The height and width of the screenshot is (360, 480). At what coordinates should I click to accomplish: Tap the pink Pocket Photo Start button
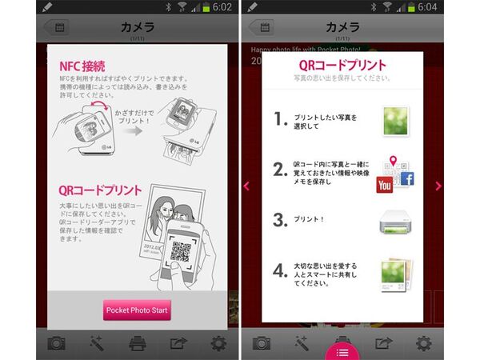point(138,310)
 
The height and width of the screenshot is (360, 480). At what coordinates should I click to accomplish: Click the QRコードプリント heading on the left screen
point(100,191)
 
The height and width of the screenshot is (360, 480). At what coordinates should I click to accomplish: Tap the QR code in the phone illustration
point(181,254)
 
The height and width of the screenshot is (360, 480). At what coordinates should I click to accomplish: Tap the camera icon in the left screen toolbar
point(56,343)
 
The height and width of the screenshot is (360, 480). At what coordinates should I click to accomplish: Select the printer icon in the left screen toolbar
point(138,343)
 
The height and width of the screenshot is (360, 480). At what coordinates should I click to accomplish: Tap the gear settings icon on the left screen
point(218,343)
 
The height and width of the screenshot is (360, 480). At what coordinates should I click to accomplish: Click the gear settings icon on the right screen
point(423,343)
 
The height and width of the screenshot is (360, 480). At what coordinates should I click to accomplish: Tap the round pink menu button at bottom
point(342,349)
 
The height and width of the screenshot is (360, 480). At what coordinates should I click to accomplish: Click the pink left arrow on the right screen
point(246,186)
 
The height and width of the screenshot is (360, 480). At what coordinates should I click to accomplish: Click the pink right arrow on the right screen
point(438,186)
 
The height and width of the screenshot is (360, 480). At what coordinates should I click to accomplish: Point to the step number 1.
point(281,119)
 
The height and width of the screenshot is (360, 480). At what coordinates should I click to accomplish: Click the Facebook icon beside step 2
point(406,178)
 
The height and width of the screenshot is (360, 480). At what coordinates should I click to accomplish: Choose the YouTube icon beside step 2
point(384,183)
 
